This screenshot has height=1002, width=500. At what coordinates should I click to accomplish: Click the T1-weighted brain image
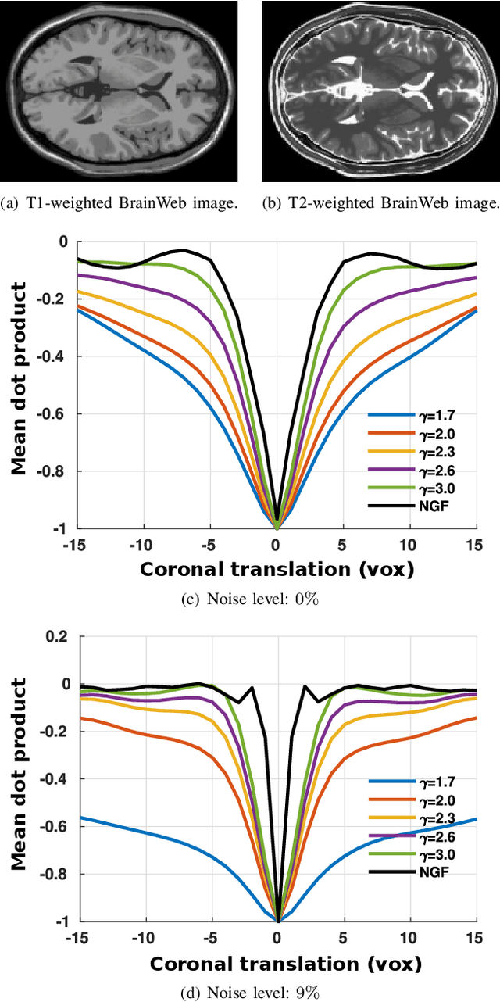(119, 91)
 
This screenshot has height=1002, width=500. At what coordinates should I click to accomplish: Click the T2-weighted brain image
(380, 91)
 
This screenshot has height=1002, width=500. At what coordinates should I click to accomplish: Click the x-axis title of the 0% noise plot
(277, 569)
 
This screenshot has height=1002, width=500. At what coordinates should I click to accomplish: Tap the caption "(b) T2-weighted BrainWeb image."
(380, 205)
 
